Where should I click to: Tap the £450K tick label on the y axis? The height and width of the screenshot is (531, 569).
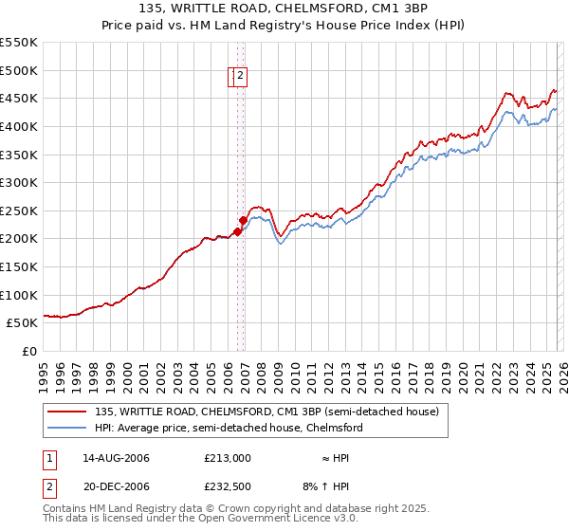(18, 99)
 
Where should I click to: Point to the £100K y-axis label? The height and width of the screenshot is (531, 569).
(18, 295)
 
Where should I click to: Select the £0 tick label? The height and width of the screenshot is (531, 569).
(28, 351)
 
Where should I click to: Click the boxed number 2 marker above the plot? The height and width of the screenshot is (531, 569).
(241, 77)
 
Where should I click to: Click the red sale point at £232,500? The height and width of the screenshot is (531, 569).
(243, 220)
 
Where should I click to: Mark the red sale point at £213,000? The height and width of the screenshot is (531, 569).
(237, 231)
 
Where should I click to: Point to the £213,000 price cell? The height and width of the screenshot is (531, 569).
(228, 458)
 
